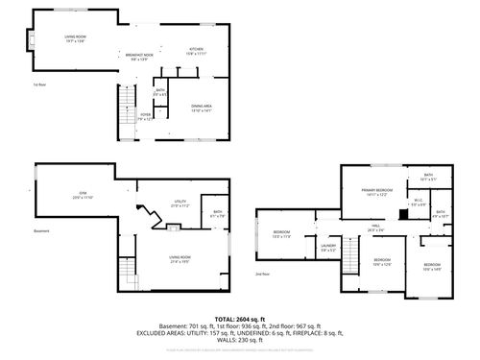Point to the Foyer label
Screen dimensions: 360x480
point(146,115)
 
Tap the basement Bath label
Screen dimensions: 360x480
point(218,214)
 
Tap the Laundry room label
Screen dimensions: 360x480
point(327,249)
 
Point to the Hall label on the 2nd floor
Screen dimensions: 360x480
point(374,228)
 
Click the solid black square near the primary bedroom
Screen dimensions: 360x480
point(404,213)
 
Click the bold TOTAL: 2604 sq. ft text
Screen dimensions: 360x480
point(240,318)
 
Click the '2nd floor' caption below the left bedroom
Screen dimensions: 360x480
point(262,275)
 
